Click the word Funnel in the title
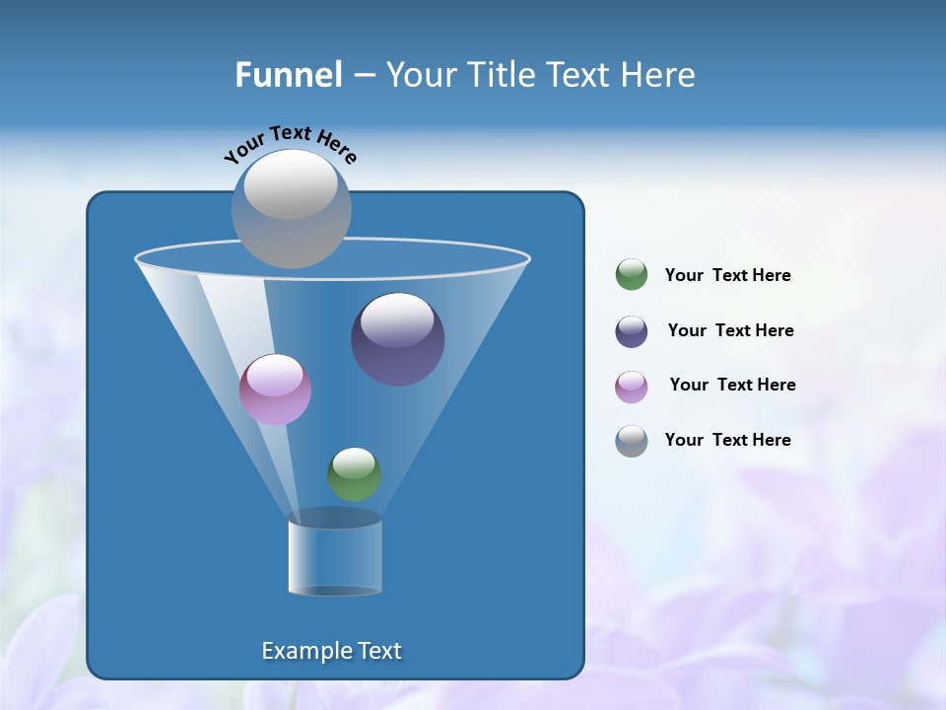pyautogui.click(x=288, y=75)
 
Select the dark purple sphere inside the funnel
pyautogui.click(x=397, y=340)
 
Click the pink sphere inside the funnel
pyautogui.click(x=275, y=390)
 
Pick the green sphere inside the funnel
pyautogui.click(x=354, y=473)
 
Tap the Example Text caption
pyautogui.click(x=331, y=651)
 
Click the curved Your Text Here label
pyautogui.click(x=290, y=144)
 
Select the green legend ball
pyautogui.click(x=632, y=275)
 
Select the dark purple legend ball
pyautogui.click(x=632, y=331)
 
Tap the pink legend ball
pyautogui.click(x=632, y=387)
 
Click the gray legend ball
pyautogui.click(x=632, y=441)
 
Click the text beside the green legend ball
pyautogui.click(x=727, y=276)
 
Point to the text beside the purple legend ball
pyautogui.click(x=730, y=331)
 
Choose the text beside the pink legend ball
pyautogui.click(x=732, y=386)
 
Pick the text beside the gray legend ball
pyautogui.click(x=727, y=441)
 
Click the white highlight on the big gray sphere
pyautogui.click(x=291, y=185)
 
